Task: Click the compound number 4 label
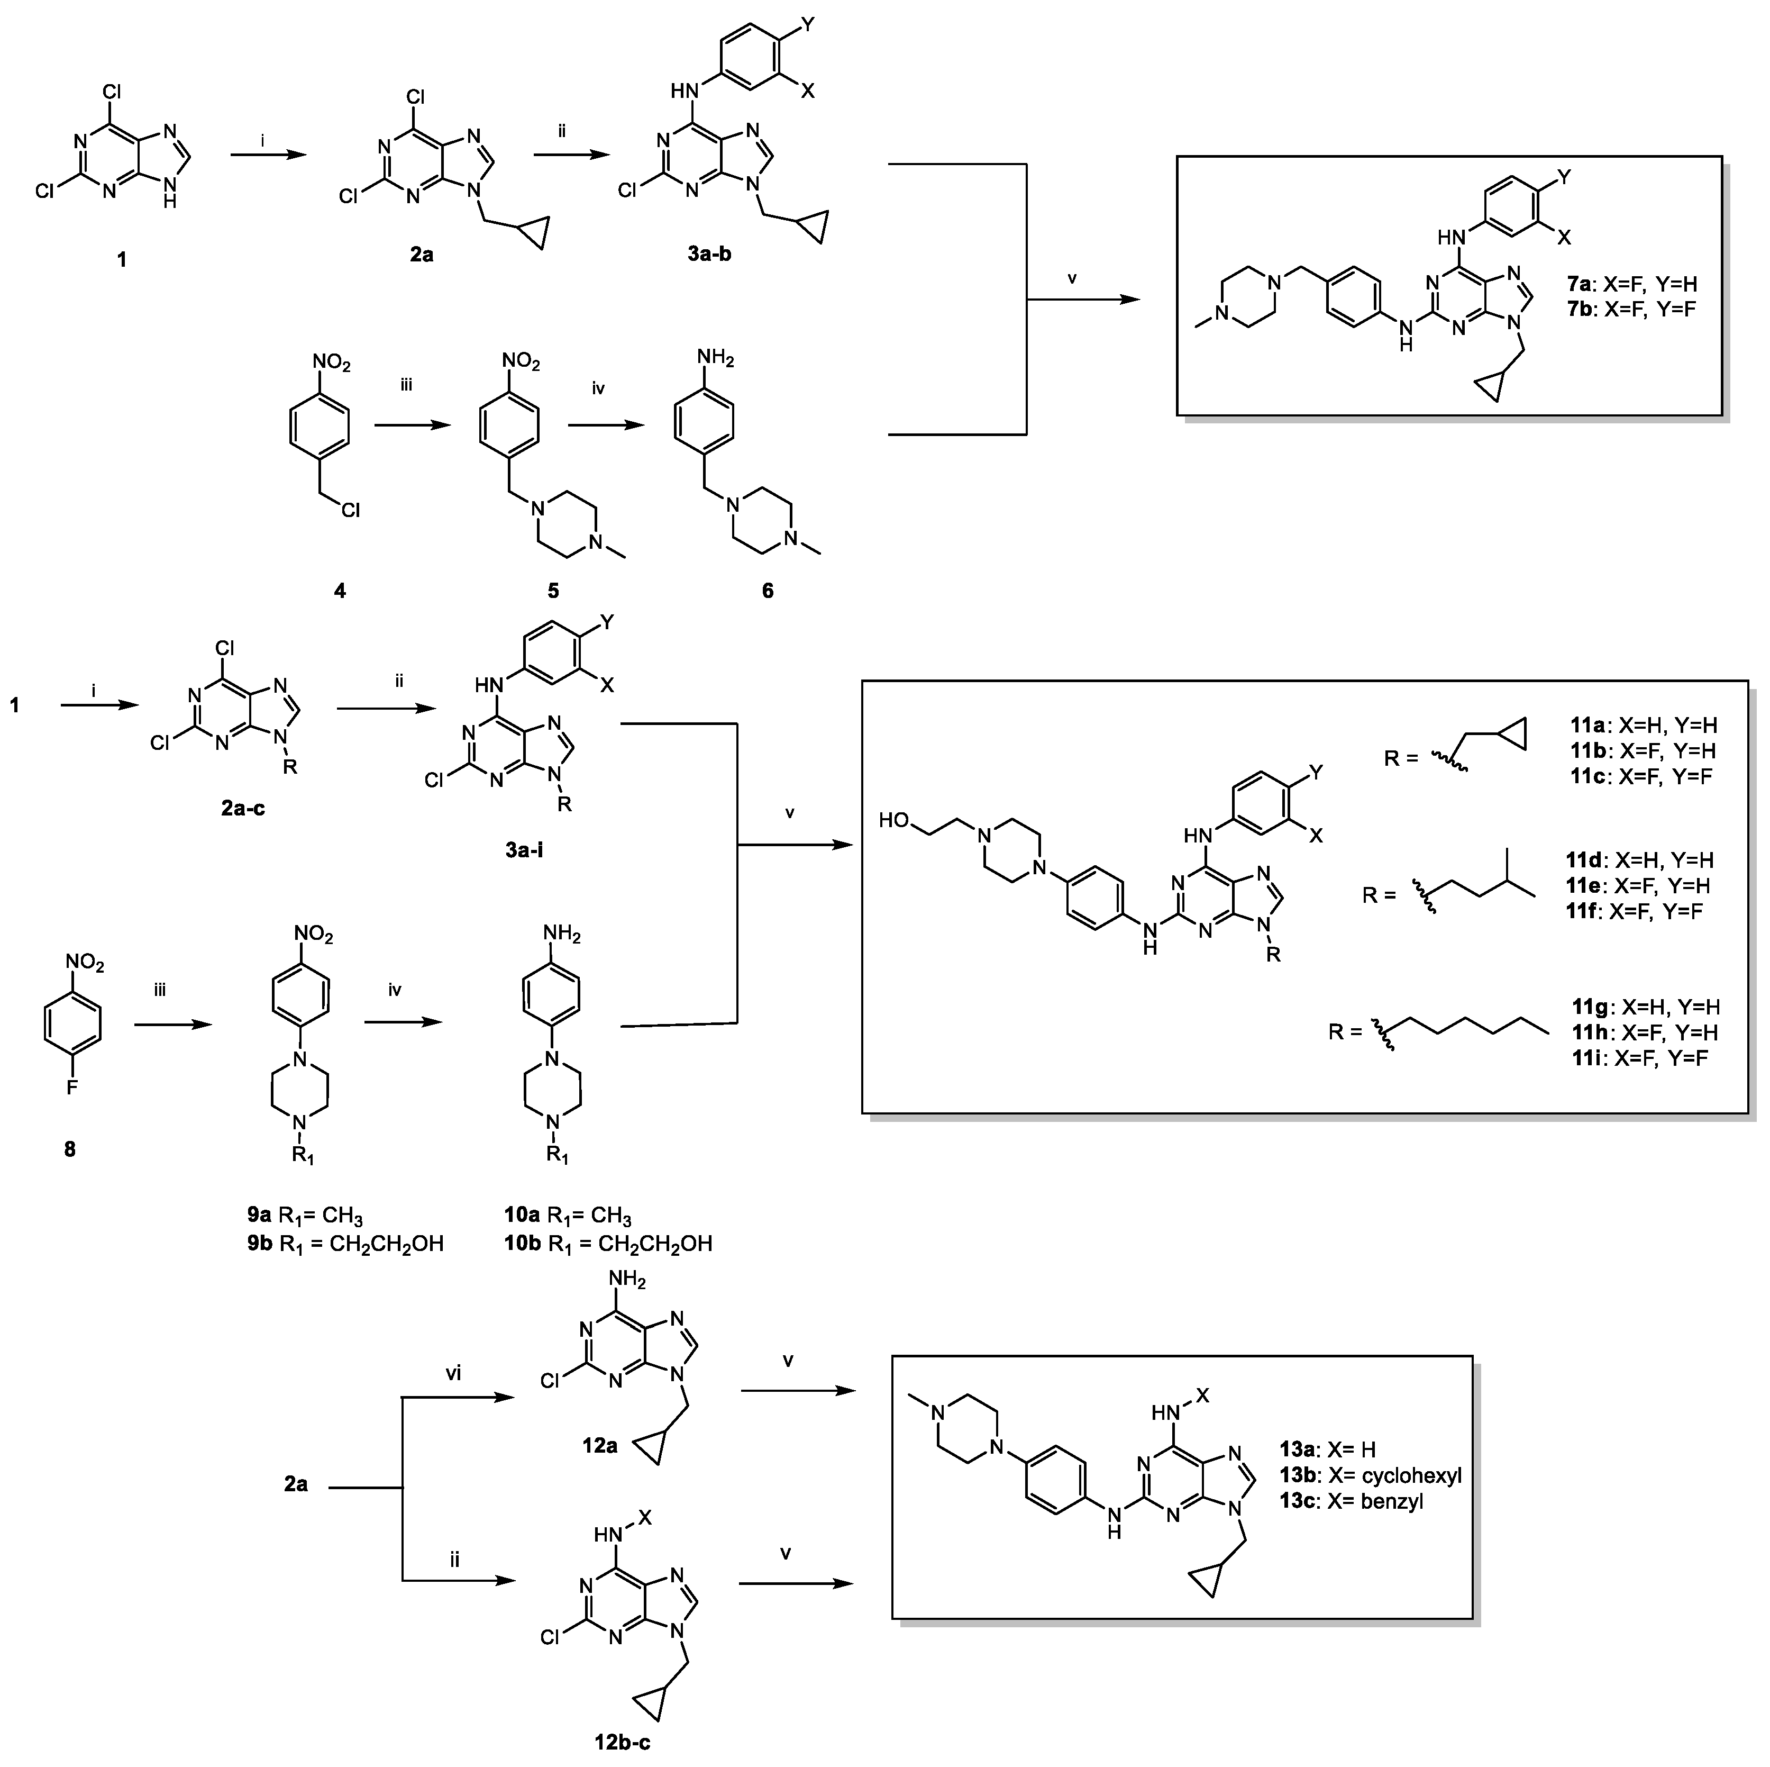click(340, 591)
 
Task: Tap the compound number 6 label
click(768, 591)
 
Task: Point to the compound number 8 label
click(70, 1148)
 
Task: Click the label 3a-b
click(709, 255)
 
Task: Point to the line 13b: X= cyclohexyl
click(1370, 1475)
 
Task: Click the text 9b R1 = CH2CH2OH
click(344, 1244)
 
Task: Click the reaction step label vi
click(453, 1373)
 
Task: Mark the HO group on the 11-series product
click(893, 819)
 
